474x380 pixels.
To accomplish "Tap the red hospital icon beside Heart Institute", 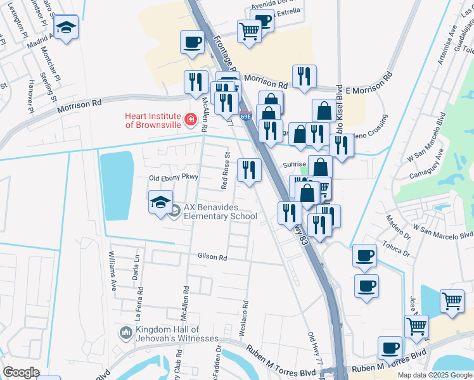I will click(189, 119).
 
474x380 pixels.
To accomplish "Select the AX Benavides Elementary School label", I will click(220, 212).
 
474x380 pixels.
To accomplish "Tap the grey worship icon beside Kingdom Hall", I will click(125, 332).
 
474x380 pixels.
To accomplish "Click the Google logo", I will click(21, 372).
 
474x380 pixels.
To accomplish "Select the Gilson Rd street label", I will click(212, 258).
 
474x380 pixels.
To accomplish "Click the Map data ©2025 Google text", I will click(435, 375).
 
